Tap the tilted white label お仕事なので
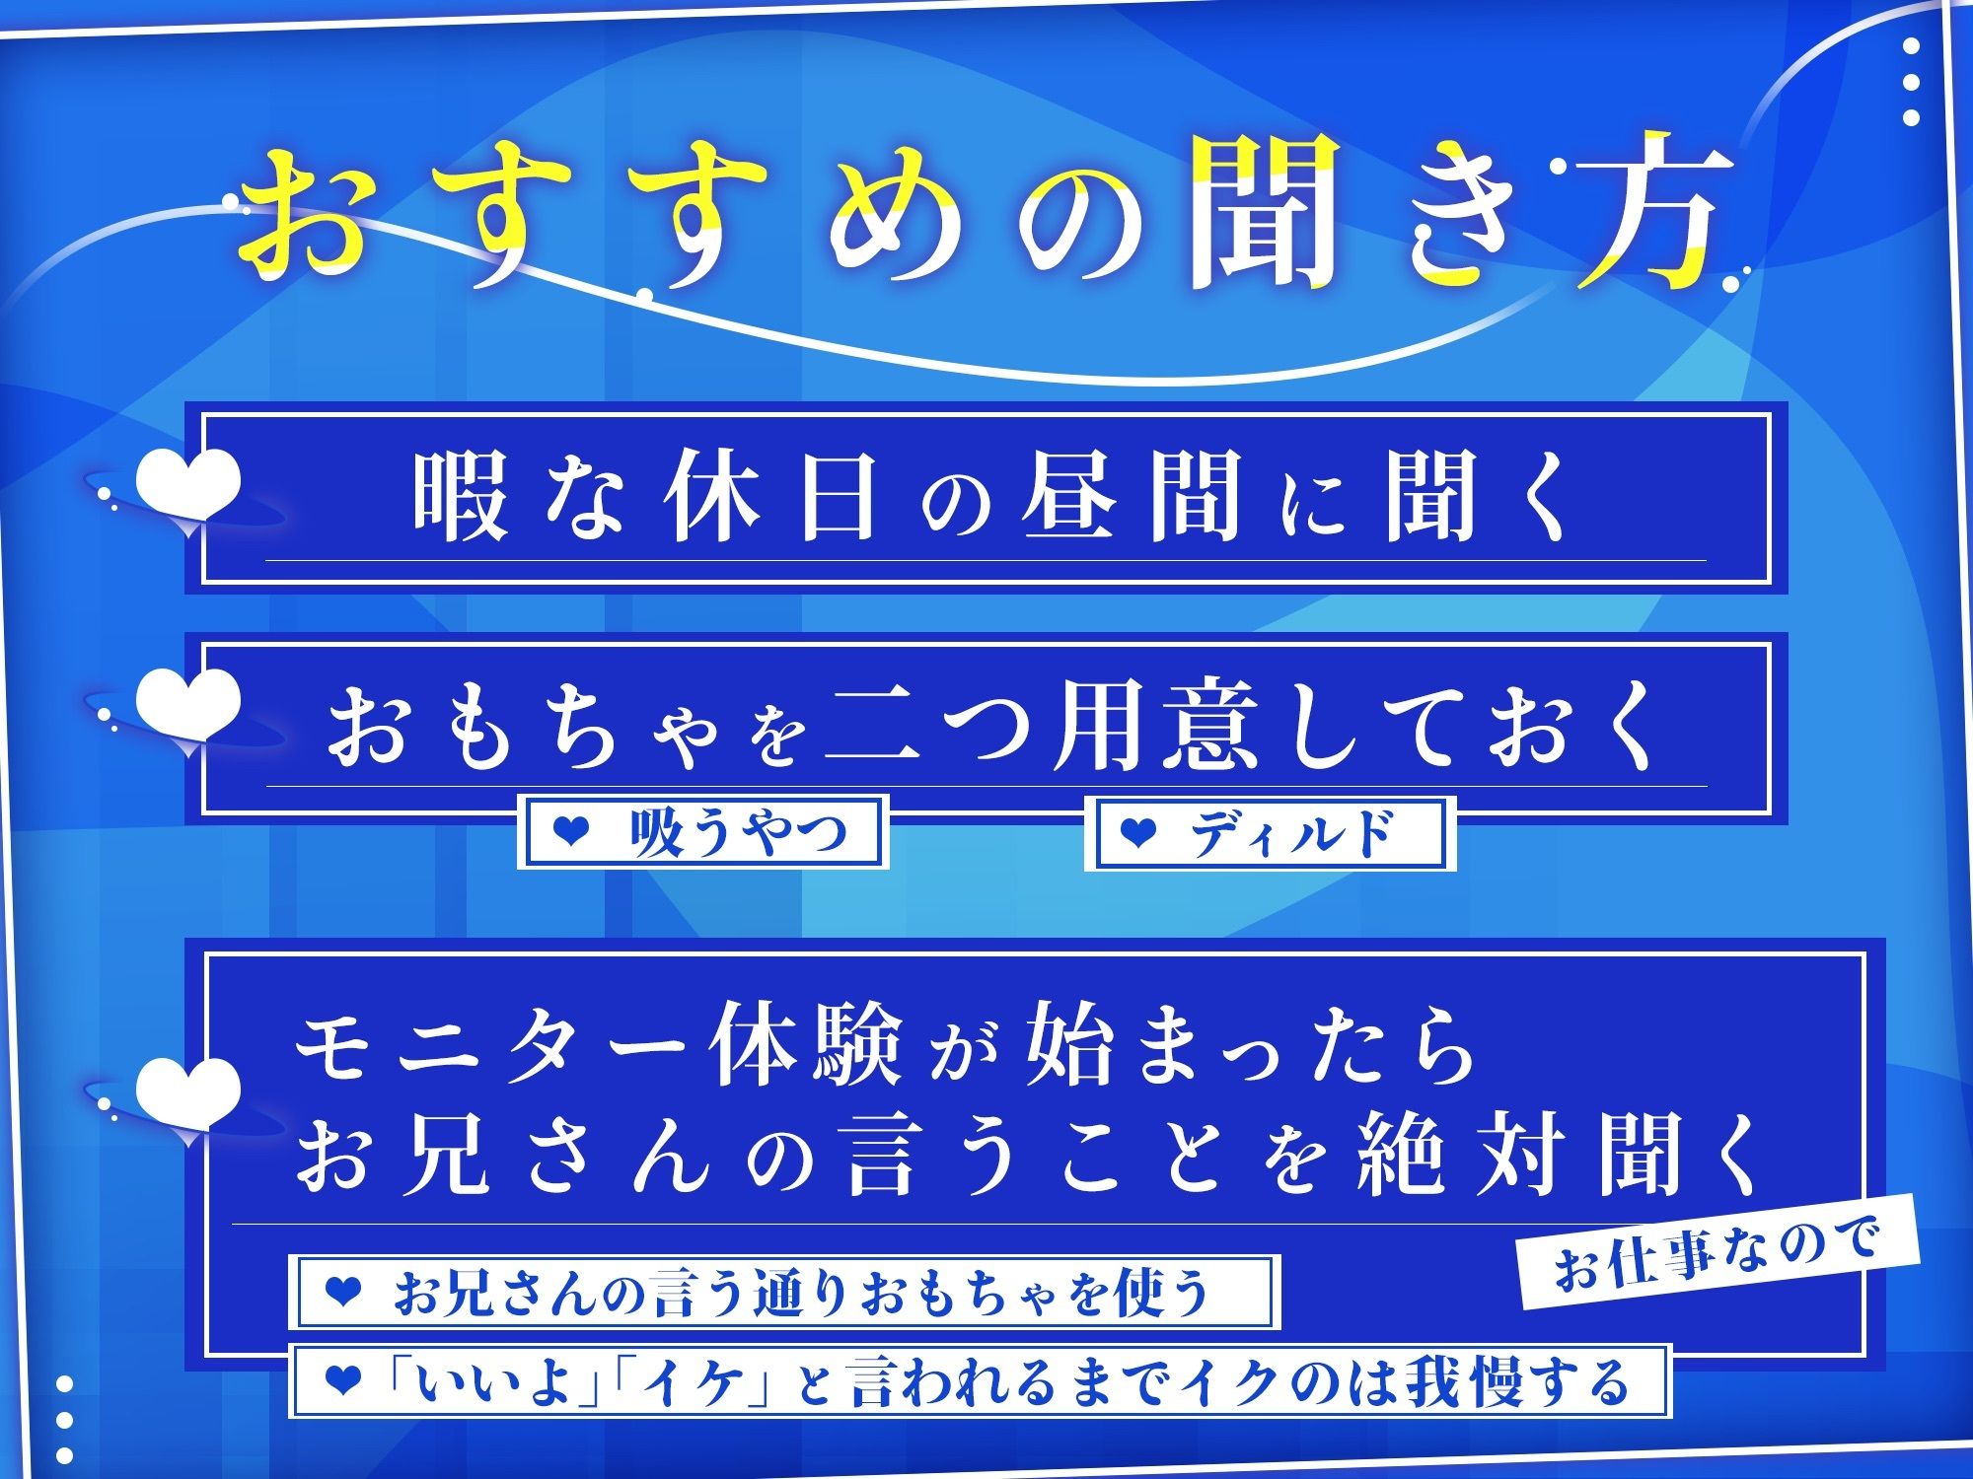point(1717,1252)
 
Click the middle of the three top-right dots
point(1911,82)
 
